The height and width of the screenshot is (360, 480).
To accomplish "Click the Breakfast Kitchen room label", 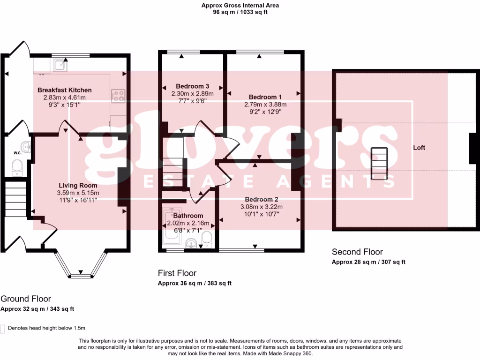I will pyautogui.click(x=65, y=90).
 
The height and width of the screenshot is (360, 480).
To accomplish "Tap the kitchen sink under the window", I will pyautogui.click(x=60, y=65).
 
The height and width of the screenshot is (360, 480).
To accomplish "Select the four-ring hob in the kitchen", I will pyautogui.click(x=118, y=96).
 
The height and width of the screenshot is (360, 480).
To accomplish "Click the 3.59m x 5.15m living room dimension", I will pyautogui.click(x=78, y=193).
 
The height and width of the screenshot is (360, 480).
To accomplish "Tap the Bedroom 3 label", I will pyautogui.click(x=192, y=86).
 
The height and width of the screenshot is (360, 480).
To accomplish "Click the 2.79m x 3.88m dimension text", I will pyautogui.click(x=265, y=105).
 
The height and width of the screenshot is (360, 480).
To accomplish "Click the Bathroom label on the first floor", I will pyautogui.click(x=188, y=216).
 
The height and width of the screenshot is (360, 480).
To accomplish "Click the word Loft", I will pyautogui.click(x=419, y=148).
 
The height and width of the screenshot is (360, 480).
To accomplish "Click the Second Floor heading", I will pyautogui.click(x=357, y=252).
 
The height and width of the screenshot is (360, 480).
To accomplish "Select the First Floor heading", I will pyautogui.click(x=177, y=273).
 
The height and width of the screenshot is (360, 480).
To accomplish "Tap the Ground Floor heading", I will pyautogui.click(x=26, y=299).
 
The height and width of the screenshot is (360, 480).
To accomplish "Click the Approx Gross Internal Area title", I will pyautogui.click(x=240, y=6).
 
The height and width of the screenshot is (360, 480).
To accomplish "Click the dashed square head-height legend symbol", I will pyautogui.click(x=3, y=329).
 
